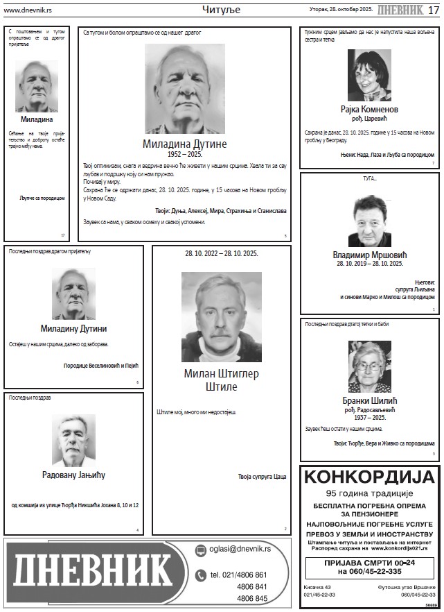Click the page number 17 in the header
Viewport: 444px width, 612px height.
pos(433,10)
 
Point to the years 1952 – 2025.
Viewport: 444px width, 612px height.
pos(184,154)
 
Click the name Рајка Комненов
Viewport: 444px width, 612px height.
pos(369,110)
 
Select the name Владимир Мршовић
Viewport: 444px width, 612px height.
pos(370,255)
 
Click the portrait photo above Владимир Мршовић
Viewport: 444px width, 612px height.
pos(370,221)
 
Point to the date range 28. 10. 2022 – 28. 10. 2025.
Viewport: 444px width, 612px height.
pos(221,253)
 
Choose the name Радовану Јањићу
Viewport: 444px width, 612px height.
pos(73,475)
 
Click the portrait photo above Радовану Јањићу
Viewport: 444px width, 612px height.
pos(73,441)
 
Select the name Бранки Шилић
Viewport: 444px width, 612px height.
pos(370,400)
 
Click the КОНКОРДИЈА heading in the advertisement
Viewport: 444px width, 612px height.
pos(370,477)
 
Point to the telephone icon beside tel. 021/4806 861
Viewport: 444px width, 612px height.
pos(200,575)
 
